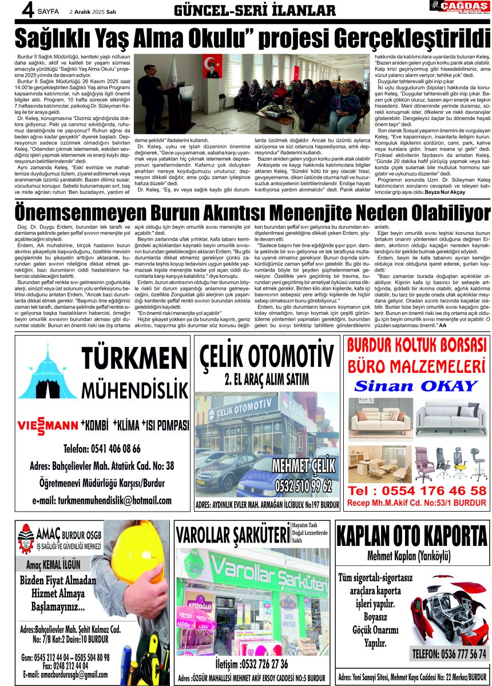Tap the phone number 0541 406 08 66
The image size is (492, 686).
[102, 448]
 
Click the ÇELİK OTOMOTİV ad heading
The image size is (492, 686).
[267, 356]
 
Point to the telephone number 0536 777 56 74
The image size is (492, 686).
[449, 653]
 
